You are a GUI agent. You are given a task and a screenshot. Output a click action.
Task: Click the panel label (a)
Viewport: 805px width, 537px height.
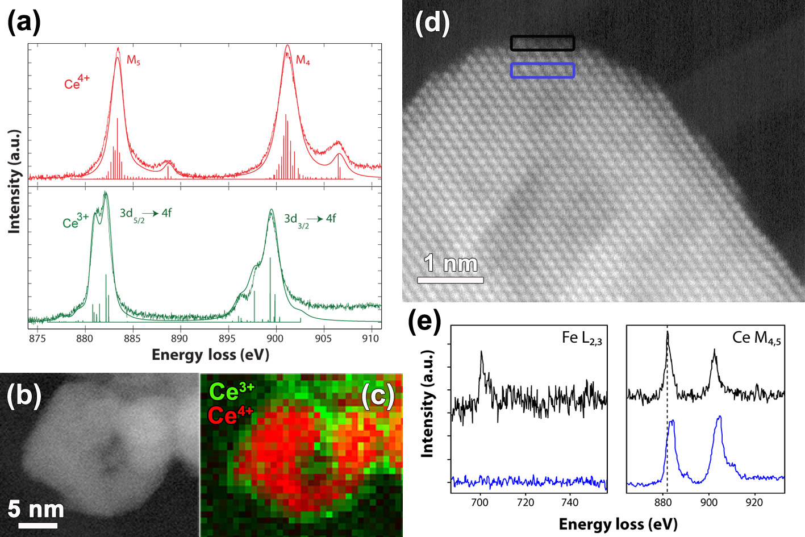pos(24,22)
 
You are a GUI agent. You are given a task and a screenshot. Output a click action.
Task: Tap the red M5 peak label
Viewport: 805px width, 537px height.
pos(134,60)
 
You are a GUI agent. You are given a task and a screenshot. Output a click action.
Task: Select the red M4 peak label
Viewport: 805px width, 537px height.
pos(303,60)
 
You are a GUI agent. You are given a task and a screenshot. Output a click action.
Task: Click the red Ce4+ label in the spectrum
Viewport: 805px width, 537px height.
pos(77,82)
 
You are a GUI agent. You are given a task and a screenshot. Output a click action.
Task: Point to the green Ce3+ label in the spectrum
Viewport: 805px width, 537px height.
pos(76,220)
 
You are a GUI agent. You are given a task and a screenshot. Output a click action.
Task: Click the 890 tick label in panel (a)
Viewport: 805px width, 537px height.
pos(180,339)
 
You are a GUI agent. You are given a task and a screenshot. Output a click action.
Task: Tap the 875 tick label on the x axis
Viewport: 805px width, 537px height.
pos(37,339)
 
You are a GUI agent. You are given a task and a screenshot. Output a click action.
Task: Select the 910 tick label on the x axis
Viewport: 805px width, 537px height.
pos(371,339)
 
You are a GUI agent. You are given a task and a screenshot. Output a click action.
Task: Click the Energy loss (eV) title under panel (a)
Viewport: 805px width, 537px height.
pos(210,355)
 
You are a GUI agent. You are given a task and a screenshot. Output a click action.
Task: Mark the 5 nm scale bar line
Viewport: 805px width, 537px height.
pos(37,525)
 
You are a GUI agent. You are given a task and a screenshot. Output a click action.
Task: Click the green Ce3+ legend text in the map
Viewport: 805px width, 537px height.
pos(232,392)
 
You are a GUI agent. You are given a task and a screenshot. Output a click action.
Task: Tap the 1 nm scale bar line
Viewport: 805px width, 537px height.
pos(451,280)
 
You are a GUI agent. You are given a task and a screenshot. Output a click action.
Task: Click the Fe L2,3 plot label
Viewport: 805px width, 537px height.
pos(582,339)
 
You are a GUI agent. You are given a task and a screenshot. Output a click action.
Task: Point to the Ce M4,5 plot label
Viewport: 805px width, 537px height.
pos(757,339)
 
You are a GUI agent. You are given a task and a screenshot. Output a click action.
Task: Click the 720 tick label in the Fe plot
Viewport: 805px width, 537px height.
pos(525,502)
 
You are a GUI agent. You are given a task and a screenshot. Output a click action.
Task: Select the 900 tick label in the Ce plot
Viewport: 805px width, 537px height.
pos(708,502)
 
